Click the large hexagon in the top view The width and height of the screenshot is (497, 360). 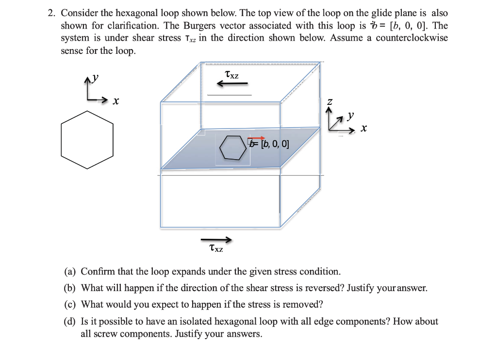(87, 140)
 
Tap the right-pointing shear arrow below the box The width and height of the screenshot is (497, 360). (216, 240)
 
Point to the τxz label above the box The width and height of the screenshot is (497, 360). (232, 75)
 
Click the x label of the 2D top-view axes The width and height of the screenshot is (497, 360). (116, 101)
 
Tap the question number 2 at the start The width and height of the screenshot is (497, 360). (51, 13)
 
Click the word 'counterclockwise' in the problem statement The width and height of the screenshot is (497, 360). (412, 38)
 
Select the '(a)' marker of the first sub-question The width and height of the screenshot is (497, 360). (70, 271)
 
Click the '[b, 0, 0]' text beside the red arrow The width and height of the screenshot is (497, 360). (274, 144)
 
